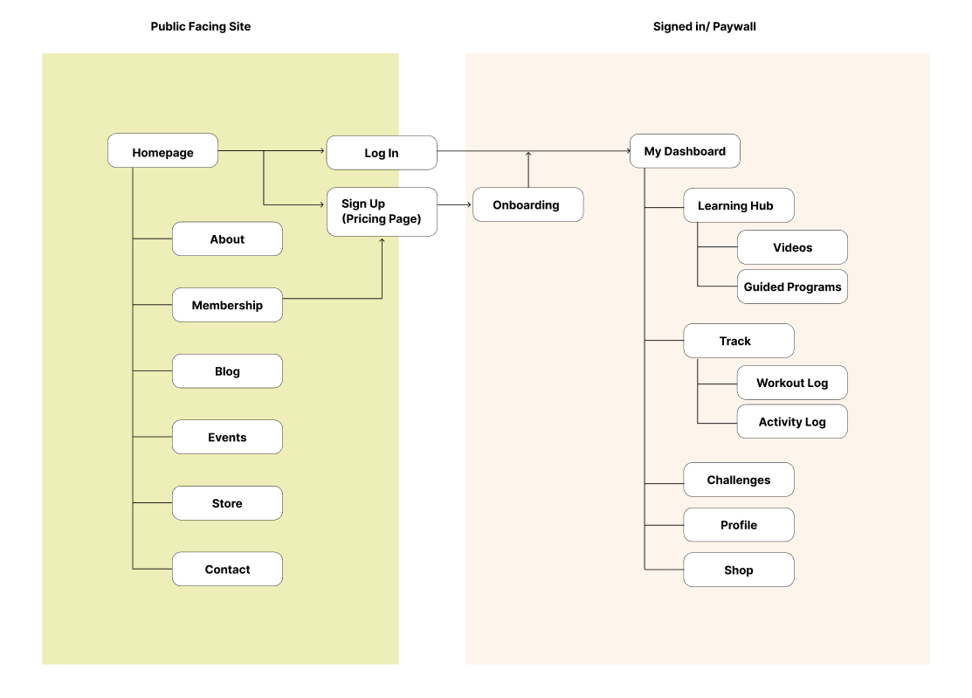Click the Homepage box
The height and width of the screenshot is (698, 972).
(x=162, y=150)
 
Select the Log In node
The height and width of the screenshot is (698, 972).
(x=382, y=153)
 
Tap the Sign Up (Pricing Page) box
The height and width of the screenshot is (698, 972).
(x=382, y=211)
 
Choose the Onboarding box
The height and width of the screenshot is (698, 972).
(x=528, y=204)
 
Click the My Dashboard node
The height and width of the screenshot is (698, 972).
(x=685, y=151)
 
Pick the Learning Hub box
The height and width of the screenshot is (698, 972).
(x=739, y=205)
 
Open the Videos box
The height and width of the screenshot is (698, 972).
(x=792, y=247)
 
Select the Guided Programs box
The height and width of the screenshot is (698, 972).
(x=792, y=287)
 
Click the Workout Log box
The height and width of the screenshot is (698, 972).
(x=792, y=383)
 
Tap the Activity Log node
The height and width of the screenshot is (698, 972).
(x=792, y=422)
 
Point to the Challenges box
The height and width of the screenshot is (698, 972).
(x=739, y=480)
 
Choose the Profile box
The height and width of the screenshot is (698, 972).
(x=739, y=525)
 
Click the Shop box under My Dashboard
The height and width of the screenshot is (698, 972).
(x=739, y=570)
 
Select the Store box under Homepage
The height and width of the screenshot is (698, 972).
(x=228, y=503)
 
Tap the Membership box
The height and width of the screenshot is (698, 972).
(x=228, y=305)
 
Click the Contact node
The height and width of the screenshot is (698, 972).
(x=228, y=569)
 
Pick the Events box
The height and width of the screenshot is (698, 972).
(x=228, y=437)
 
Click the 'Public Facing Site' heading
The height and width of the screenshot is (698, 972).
(x=201, y=27)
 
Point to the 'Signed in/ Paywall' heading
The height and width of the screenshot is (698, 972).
(x=705, y=27)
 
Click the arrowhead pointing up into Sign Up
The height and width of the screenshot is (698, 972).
(x=382, y=240)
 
